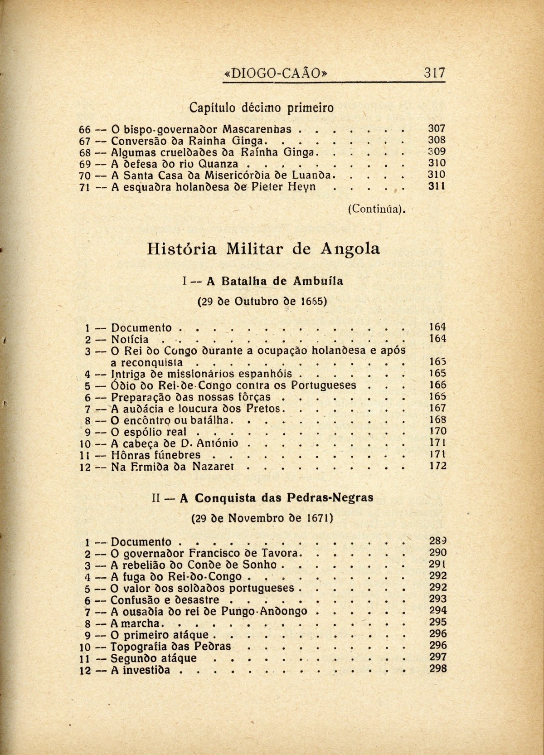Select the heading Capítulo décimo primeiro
pos(261,108)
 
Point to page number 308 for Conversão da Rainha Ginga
pos(437,140)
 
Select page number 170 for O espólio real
pos(437,431)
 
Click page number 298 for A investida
pos(437,668)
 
